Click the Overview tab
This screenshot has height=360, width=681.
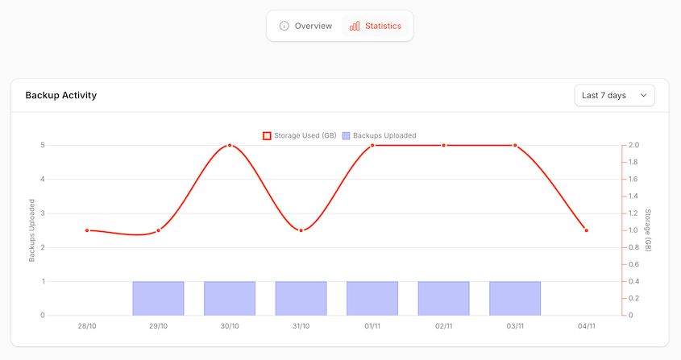(305, 26)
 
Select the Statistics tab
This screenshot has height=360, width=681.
(375, 26)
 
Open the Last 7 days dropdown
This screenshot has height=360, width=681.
(614, 95)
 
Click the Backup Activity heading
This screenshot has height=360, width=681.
(61, 95)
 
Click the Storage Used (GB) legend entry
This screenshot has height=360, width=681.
(300, 135)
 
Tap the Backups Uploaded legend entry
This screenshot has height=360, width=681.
(379, 135)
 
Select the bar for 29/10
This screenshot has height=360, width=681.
(159, 298)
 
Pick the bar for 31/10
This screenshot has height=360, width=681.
(301, 298)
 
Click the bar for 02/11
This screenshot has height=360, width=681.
(443, 298)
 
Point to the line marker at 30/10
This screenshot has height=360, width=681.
(230, 146)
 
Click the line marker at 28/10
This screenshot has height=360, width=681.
(87, 230)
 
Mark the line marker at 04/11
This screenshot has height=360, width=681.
(586, 230)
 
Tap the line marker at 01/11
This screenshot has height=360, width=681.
(372, 146)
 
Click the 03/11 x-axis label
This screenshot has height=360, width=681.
(515, 326)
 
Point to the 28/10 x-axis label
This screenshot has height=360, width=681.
(87, 326)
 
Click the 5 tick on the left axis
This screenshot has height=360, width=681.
(42, 146)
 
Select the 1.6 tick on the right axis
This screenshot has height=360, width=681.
(633, 180)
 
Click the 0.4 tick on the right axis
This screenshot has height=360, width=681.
(633, 281)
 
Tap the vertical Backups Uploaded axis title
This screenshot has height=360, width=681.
(32, 230)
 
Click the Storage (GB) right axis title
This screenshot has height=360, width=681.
(647, 230)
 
